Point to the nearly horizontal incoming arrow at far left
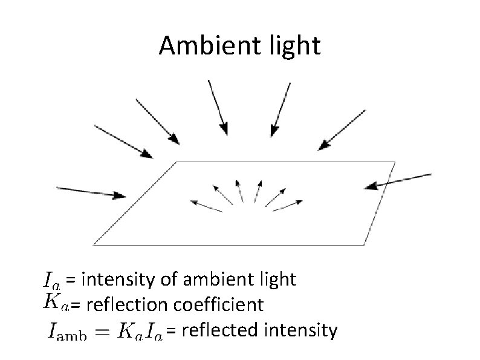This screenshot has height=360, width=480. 91,191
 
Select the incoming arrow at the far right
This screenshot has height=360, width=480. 398,180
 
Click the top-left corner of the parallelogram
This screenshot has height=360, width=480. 177,162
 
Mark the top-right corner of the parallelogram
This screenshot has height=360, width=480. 395,162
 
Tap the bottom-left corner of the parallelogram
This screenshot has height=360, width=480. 94,244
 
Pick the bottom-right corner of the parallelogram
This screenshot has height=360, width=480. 365,244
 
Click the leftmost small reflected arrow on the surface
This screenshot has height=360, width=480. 205,205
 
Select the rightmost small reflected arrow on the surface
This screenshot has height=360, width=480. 287,205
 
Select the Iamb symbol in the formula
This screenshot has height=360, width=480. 67,332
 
